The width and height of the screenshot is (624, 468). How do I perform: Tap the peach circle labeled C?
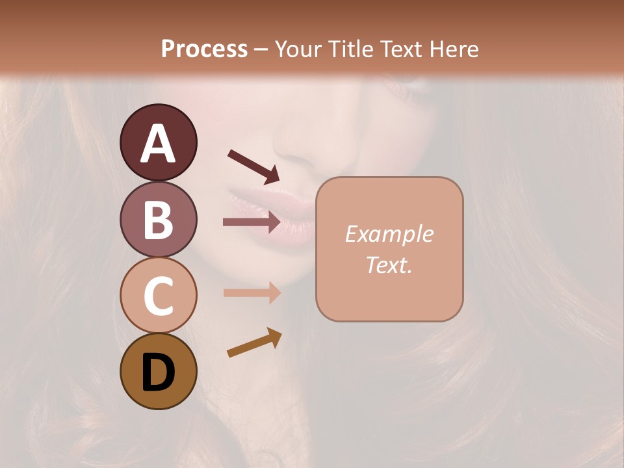[158, 295]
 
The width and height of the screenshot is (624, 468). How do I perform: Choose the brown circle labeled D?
[158, 372]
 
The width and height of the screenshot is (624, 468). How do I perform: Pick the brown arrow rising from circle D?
[254, 343]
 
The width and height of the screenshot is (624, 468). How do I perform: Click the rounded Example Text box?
[389, 249]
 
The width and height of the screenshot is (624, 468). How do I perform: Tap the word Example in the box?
[389, 234]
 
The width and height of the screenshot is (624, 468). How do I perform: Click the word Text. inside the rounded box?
[389, 265]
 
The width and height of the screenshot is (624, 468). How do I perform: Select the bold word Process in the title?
[204, 49]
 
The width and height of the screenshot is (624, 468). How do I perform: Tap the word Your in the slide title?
[297, 49]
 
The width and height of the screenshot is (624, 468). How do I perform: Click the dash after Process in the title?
[261, 50]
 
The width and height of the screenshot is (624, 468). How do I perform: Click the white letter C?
[158, 296]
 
